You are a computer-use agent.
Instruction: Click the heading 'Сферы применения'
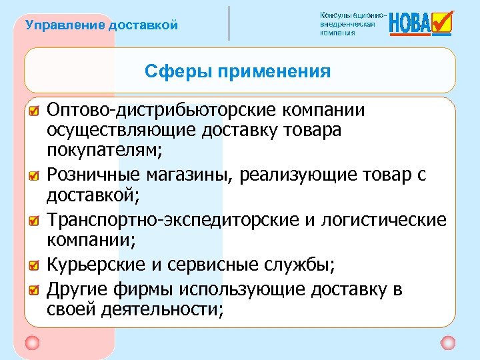(237, 71)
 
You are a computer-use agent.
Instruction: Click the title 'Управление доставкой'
(101, 26)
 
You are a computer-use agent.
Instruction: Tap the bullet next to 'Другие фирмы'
(34, 289)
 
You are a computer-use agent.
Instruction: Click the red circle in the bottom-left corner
(32, 343)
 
